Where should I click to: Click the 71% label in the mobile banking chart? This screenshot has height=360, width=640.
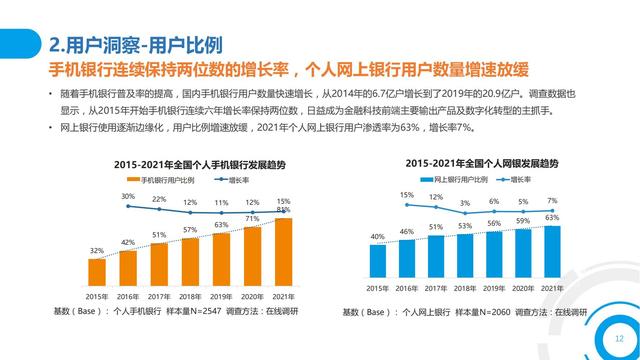coord(253,218)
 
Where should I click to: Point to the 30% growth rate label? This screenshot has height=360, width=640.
coord(128,197)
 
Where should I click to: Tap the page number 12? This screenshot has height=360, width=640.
coord(619,339)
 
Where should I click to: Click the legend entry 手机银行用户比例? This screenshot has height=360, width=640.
coord(166,180)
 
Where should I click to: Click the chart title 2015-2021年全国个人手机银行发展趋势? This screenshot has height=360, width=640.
coord(189,163)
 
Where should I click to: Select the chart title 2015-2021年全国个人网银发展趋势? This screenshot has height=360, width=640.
coord(467,163)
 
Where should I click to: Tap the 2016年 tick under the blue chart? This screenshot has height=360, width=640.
coord(407,288)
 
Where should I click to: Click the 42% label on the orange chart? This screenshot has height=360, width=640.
coord(128,242)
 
